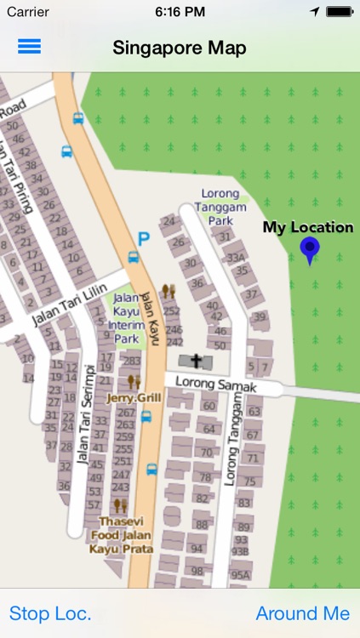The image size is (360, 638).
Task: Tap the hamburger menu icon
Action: [x=29, y=47]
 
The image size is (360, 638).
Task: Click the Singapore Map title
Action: [x=180, y=48]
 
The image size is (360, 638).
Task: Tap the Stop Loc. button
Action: [x=50, y=613]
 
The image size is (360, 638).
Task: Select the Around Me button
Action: [x=302, y=613]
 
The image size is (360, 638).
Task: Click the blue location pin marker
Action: [x=310, y=249]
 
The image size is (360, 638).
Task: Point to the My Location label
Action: [x=307, y=227]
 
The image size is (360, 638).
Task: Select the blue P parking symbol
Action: [x=144, y=240]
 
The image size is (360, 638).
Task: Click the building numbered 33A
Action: [x=236, y=257]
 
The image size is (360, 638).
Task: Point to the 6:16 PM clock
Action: [x=180, y=12]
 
